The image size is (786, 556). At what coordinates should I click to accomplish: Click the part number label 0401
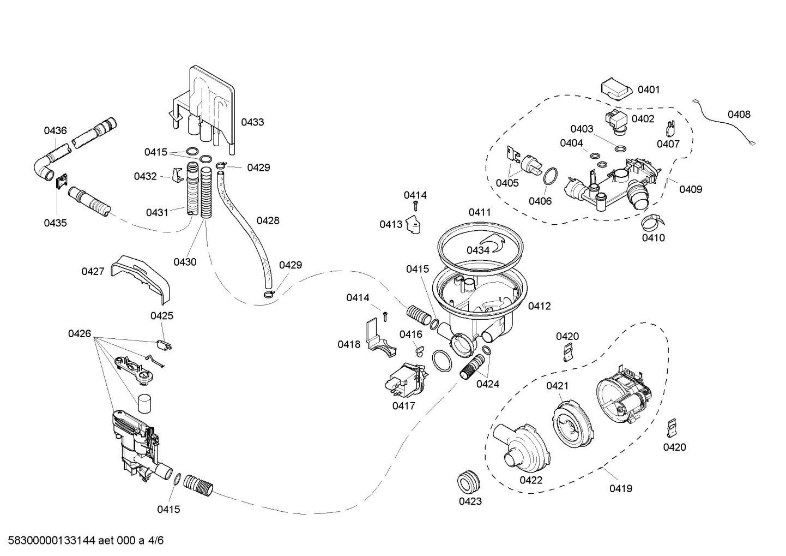[x=649, y=89]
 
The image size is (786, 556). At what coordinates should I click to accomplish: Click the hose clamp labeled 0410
[x=651, y=221]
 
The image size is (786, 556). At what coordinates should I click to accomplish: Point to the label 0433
[x=252, y=122]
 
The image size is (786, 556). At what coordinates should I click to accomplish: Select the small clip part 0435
[x=61, y=181]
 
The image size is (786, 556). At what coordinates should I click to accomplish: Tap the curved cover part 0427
[x=142, y=275]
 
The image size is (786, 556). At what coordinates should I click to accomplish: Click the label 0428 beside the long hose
[x=268, y=220]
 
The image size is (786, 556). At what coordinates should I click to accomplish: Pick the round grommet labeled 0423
[x=469, y=480]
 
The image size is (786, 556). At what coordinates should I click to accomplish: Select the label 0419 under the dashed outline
[x=620, y=488]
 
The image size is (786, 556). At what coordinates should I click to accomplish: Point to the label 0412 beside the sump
[x=539, y=306]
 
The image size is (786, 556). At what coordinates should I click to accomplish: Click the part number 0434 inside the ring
[x=477, y=250]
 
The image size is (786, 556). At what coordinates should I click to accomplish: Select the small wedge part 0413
[x=415, y=225]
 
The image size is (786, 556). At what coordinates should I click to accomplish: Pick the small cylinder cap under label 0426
[x=144, y=404]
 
